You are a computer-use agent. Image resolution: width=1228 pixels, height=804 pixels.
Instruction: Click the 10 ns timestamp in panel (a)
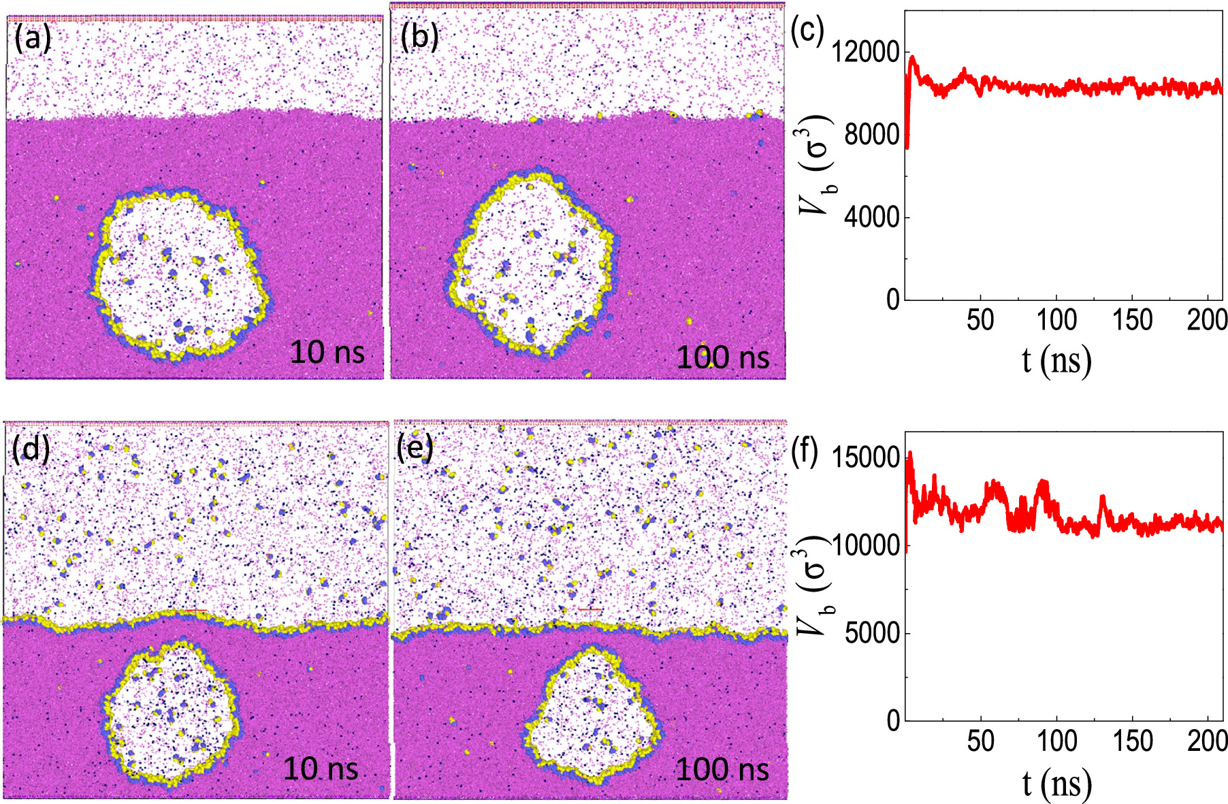tap(327, 353)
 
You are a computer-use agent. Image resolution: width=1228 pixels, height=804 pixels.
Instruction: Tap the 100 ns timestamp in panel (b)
tap(722, 358)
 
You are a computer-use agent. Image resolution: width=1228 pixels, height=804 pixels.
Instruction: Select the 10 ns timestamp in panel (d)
tap(320, 769)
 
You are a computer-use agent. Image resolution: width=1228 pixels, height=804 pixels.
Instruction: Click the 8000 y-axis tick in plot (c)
tap(871, 135)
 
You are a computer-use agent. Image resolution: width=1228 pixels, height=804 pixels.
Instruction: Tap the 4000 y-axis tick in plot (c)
tap(871, 217)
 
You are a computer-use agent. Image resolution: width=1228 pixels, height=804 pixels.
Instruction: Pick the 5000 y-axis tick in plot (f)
tap(872, 633)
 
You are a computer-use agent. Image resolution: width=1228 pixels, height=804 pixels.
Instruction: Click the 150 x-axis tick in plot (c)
tap(1132, 320)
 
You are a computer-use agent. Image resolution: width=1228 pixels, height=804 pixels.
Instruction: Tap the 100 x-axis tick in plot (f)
tap(1056, 741)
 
